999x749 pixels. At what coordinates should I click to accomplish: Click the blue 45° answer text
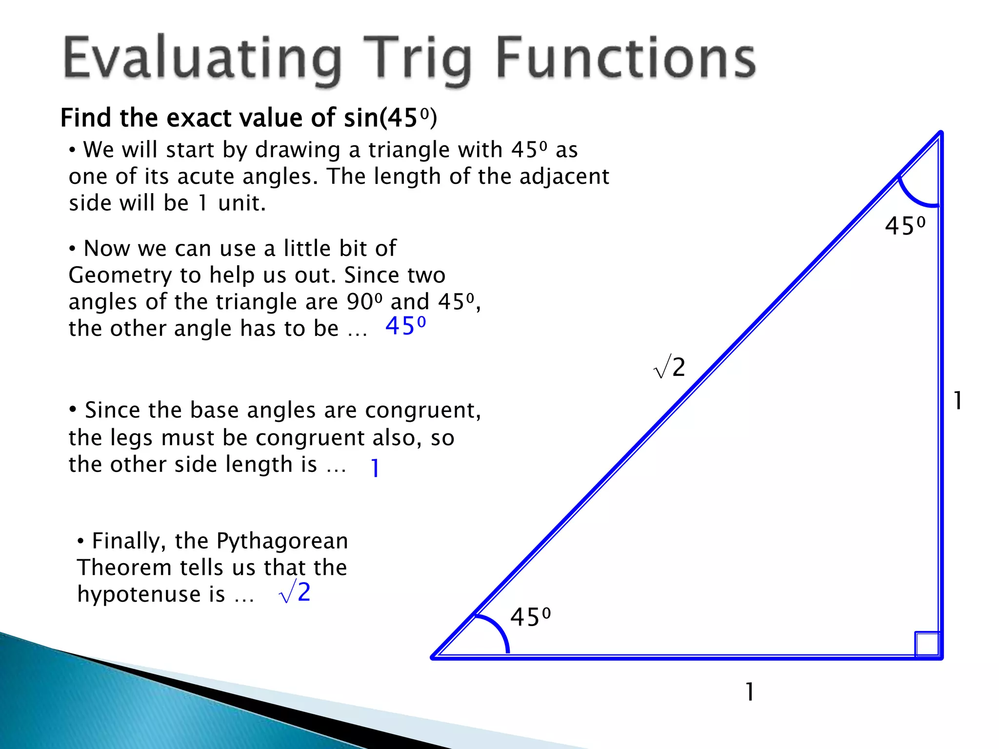[405, 326]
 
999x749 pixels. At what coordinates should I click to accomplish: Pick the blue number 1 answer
[375, 468]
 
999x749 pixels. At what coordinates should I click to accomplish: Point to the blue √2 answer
[295, 593]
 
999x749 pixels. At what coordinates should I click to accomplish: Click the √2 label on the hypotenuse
[670, 367]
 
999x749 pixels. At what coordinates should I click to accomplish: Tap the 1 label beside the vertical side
[958, 401]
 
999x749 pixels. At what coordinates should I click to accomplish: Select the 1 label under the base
[750, 691]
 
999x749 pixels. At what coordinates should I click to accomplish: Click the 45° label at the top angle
[905, 226]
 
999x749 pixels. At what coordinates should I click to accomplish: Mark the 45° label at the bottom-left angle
[530, 617]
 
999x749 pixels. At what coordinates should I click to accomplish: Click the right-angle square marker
[927, 644]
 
